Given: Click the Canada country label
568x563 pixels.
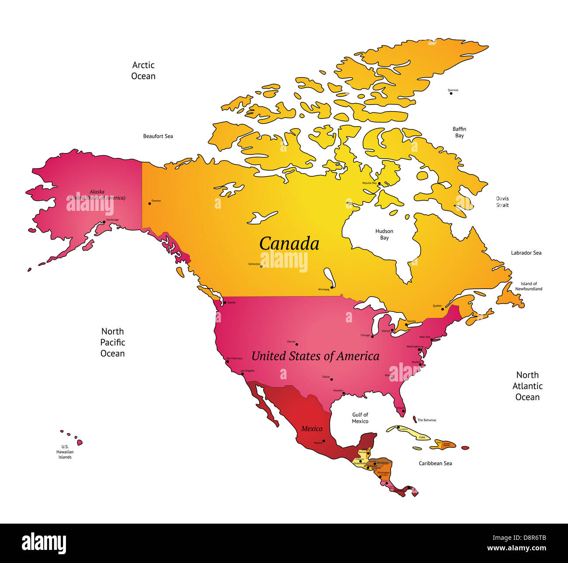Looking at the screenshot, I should (289, 244).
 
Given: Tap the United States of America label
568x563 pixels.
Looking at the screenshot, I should (315, 356).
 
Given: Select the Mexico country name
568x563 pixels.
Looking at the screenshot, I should (312, 429).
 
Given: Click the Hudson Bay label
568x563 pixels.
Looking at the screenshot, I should (384, 234).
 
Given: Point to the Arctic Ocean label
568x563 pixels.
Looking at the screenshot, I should (143, 70).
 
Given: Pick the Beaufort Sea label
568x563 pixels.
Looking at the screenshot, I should (158, 136).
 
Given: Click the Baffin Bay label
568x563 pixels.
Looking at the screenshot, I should (459, 132).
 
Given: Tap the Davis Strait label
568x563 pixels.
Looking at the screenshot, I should (502, 202).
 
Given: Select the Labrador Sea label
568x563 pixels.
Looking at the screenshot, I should (526, 253).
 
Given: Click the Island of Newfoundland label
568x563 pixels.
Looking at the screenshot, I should (529, 286).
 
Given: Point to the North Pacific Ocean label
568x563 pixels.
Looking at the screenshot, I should (113, 342).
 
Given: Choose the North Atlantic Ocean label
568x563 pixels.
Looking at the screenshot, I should (527, 386).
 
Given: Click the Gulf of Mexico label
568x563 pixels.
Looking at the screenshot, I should (360, 418).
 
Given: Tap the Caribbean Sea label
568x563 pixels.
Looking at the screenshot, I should (435, 463).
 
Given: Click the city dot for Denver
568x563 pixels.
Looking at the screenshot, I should (297, 344).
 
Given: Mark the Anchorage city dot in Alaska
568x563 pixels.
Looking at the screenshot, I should (104, 222).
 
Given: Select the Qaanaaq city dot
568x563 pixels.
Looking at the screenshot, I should (451, 93).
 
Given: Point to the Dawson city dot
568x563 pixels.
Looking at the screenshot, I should (149, 203).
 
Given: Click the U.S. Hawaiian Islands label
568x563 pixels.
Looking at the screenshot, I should (65, 452).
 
